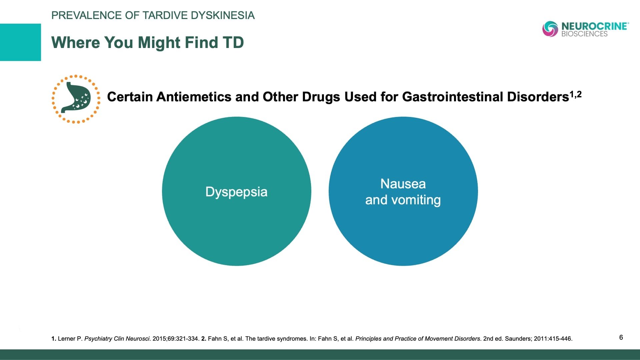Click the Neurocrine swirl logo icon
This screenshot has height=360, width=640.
tap(550, 29)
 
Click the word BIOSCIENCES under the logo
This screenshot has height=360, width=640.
tap(584, 34)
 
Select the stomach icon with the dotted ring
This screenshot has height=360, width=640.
tap(76, 99)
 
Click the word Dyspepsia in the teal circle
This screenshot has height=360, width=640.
tap(236, 192)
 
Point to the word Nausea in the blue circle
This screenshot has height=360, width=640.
tap(403, 184)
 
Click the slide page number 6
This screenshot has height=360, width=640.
tap(621, 337)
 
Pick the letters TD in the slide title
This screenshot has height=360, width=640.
tap(233, 43)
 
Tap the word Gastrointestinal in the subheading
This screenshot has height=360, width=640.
tap(452, 97)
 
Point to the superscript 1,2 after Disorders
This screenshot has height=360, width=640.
tap(576, 94)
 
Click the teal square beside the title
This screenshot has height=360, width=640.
tap(20, 42)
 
